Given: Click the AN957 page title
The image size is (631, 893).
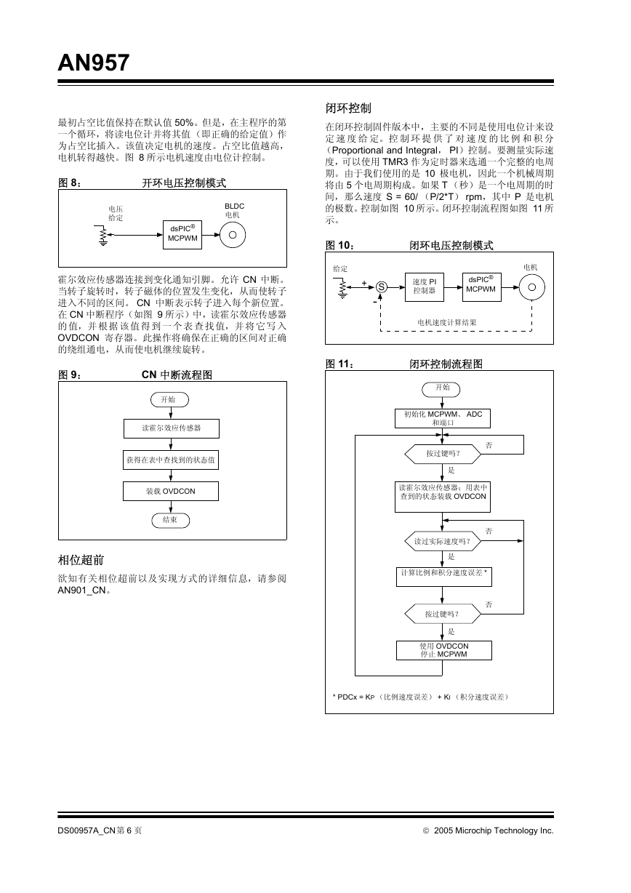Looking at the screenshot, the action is click(94, 63).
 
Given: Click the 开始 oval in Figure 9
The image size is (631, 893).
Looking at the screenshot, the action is click(169, 399).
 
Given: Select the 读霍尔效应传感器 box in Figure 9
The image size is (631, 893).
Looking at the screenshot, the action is click(172, 428).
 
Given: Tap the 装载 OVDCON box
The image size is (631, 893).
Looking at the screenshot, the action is click(171, 491).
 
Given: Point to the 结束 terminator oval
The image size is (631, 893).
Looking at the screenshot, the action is click(171, 520).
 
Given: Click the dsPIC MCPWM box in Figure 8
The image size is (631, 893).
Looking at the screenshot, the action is click(182, 235).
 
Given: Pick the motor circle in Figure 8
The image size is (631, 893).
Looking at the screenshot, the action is click(233, 235).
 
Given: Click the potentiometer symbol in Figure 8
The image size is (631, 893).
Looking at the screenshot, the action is click(103, 236).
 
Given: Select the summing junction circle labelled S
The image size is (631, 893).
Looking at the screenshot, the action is click(382, 287).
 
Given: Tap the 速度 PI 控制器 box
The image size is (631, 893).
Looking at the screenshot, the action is click(424, 287).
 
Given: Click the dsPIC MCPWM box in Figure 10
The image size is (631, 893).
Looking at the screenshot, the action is click(481, 287).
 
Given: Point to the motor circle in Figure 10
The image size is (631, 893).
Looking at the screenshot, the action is click(531, 287).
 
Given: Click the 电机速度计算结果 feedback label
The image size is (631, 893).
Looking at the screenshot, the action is click(447, 323).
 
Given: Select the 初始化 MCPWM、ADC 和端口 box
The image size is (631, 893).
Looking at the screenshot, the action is click(443, 419).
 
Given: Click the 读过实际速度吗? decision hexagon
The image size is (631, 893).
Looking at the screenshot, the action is click(443, 541).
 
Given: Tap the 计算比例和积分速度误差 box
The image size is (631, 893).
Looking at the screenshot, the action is click(444, 577).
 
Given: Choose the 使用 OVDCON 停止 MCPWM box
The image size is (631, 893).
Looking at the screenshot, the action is click(444, 650).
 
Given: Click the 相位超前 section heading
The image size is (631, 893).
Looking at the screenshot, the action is click(81, 560).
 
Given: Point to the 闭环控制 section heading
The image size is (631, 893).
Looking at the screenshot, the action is click(348, 108).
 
